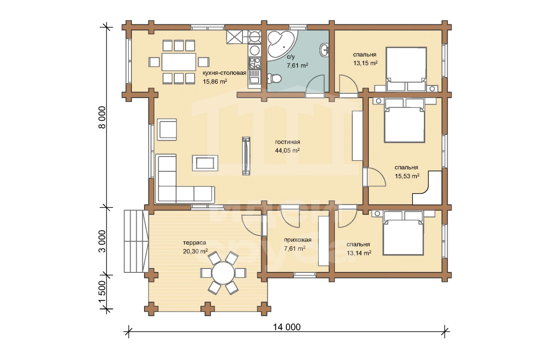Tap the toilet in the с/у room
pyautogui.click(x=275, y=79)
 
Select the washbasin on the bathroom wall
pyautogui.click(x=325, y=50)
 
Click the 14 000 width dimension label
pyautogui.click(x=287, y=327)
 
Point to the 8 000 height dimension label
pyautogui.click(x=102, y=117)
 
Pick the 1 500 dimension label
pyautogui.click(x=102, y=292)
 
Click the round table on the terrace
pyautogui.click(x=223, y=273)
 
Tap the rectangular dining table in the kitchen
pyautogui.click(x=179, y=62)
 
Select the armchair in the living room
pyautogui.click(x=167, y=130)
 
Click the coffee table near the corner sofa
pyautogui.click(x=205, y=163)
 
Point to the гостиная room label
pyautogui.click(x=288, y=142)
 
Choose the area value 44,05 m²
pyautogui.click(x=287, y=151)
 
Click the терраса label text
pyautogui.click(x=194, y=243)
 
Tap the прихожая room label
pyautogui.click(x=298, y=240)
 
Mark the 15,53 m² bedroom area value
pyautogui.click(x=407, y=176)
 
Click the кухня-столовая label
pyautogui.click(x=224, y=73)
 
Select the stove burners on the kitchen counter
pyautogui.click(x=254, y=63)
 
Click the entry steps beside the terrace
pyautogui.click(x=136, y=241)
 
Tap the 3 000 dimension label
pyautogui.click(x=102, y=241)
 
